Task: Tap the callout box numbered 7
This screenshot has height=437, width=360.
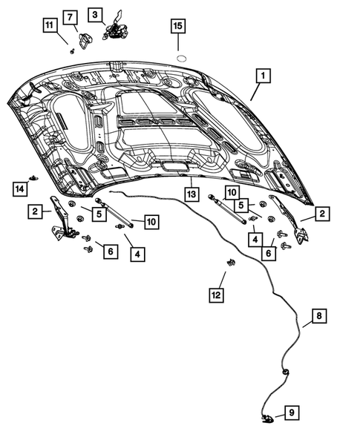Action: [71, 17]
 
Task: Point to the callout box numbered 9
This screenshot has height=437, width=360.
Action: [292, 413]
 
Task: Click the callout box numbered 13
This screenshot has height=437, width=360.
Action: [191, 194]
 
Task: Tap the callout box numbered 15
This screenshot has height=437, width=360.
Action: [177, 27]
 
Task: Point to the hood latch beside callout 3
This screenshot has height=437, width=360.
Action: [117, 30]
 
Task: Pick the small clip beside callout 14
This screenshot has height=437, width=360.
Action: [33, 177]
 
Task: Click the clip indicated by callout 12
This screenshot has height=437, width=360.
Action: [230, 263]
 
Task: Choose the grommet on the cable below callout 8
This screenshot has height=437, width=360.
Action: [285, 371]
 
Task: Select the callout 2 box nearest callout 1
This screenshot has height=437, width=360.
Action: [322, 214]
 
